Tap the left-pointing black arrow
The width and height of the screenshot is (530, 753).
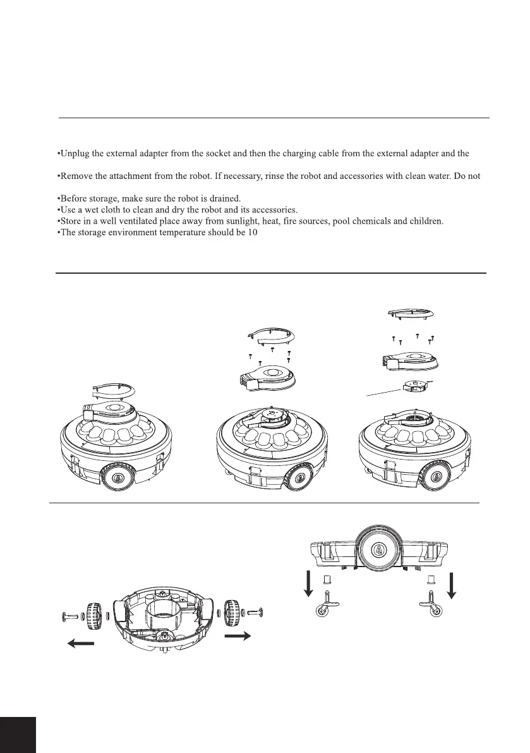click(x=81, y=644)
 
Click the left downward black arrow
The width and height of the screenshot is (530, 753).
click(x=308, y=582)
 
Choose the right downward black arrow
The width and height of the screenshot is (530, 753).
click(x=452, y=582)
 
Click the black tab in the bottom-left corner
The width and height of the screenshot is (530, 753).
click(x=18, y=735)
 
